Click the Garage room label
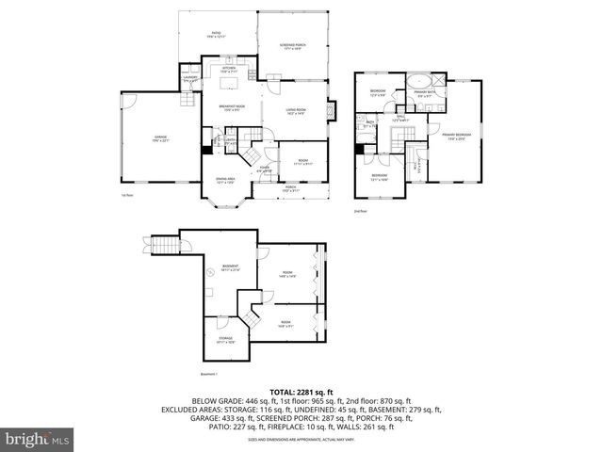pos(161,138)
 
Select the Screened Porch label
pos(293,46)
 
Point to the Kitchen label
pos(229,70)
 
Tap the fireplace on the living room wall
pos(330,110)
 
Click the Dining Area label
pos(224,180)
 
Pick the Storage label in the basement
pos(225,339)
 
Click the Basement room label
pos(230,268)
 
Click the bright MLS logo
pos(37,439)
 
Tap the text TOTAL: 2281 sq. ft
pos(301,391)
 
